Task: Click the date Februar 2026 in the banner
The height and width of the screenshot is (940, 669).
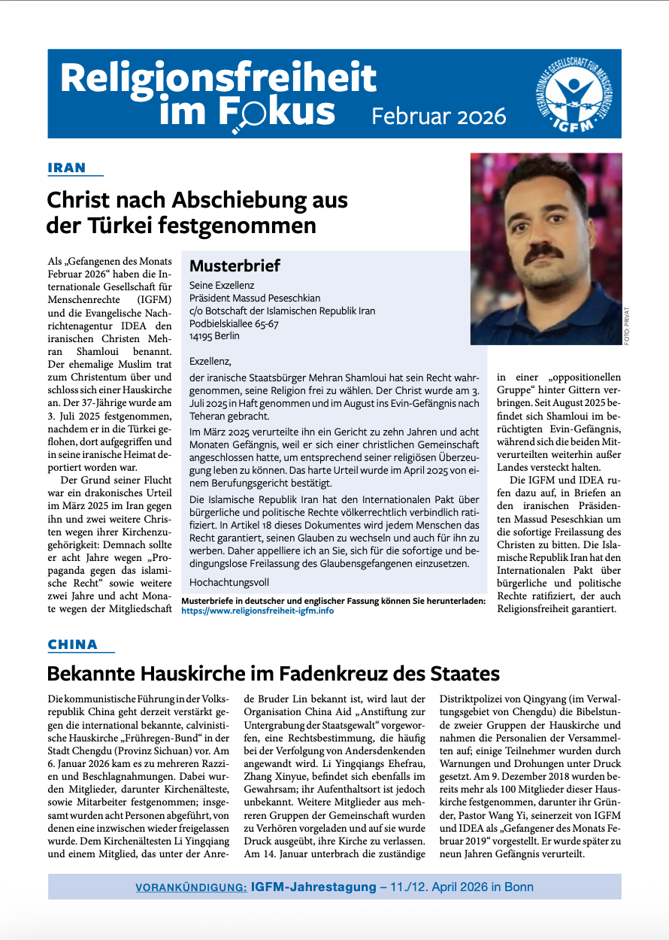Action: pyautogui.click(x=439, y=116)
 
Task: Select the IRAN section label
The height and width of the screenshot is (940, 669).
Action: pyautogui.click(x=67, y=168)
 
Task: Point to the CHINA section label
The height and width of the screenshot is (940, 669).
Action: pyautogui.click(x=73, y=644)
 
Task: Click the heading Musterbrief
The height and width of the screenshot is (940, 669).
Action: pyautogui.click(x=235, y=265)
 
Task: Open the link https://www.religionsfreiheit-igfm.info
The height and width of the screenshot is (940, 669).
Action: pyautogui.click(x=258, y=611)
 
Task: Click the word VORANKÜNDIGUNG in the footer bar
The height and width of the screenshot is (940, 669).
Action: pyautogui.click(x=191, y=887)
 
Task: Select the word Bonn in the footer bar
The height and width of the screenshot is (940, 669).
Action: pyautogui.click(x=518, y=887)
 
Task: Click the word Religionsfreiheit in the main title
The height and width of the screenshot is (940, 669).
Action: pyautogui.click(x=218, y=77)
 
